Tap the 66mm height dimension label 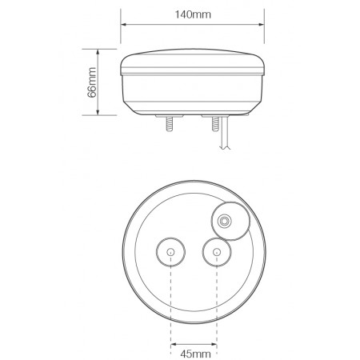tap(93, 82)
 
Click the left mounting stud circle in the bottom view tap(171, 253)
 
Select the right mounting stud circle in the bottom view tap(217, 253)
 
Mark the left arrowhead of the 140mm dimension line tap(123, 22)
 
